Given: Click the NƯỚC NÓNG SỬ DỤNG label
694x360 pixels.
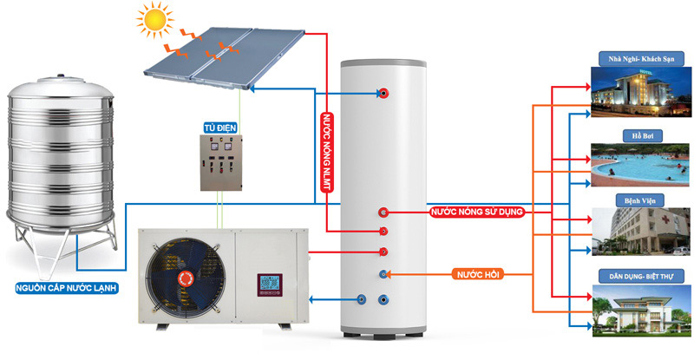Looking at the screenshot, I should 477,212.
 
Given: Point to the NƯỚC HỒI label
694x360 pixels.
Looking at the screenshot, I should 477,275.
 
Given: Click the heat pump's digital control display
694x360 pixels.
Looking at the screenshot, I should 267,285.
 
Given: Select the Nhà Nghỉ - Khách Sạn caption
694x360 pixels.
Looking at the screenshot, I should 640,58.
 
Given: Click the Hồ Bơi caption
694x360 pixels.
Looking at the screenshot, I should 640,135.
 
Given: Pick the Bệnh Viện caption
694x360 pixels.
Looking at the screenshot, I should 640,200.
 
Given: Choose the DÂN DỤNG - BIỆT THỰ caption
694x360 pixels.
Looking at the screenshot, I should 640,276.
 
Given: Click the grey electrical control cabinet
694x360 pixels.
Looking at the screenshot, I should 220,162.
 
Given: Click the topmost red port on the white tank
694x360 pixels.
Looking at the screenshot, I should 383,93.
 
